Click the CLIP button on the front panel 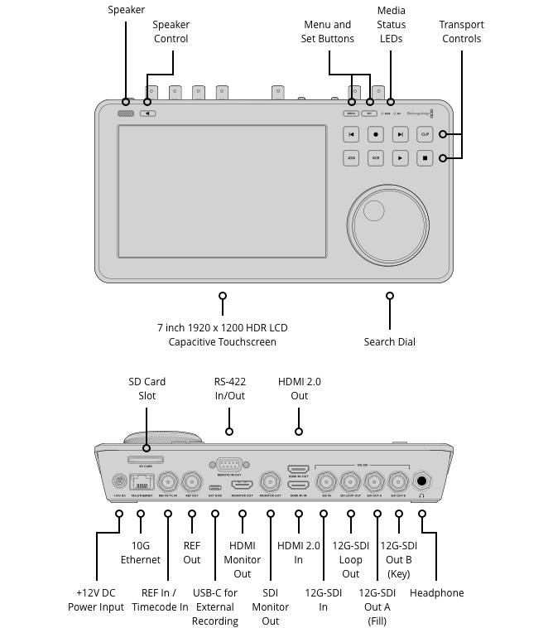click(x=425, y=134)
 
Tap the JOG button click(x=351, y=157)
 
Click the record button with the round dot click(x=376, y=134)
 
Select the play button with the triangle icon click(x=401, y=157)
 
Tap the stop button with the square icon click(x=425, y=157)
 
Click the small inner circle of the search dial click(x=373, y=208)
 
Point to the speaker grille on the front click(x=126, y=113)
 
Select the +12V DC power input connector click(x=118, y=481)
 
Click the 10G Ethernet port click(x=142, y=481)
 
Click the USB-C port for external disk click(x=215, y=487)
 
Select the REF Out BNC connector click(x=192, y=481)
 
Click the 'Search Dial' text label click(x=389, y=342)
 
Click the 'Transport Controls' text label click(x=461, y=31)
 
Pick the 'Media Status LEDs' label click(x=391, y=25)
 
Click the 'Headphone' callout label click(x=436, y=593)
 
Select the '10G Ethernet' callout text click(x=141, y=553)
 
